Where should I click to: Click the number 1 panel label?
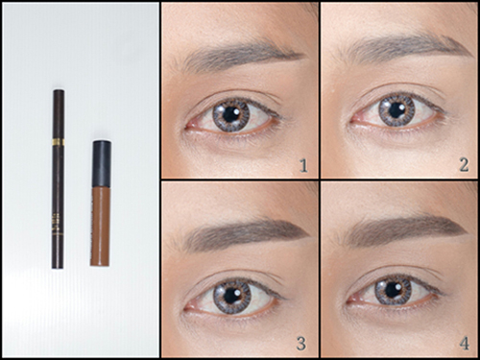(303, 166)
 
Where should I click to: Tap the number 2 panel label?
(464, 165)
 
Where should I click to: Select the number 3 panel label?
(301, 344)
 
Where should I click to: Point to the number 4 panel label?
(465, 344)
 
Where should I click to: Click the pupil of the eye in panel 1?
(229, 114)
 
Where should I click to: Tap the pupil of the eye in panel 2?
(396, 109)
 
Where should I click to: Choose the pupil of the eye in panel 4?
(393, 290)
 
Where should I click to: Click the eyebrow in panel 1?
(237, 55)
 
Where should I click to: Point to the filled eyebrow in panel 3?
(243, 232)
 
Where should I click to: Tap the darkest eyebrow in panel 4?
(405, 228)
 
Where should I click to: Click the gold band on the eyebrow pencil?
(59, 142)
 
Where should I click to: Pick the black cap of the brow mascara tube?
(102, 164)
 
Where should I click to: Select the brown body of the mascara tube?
(101, 227)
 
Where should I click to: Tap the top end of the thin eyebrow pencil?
(59, 91)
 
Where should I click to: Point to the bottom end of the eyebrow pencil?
(58, 268)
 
